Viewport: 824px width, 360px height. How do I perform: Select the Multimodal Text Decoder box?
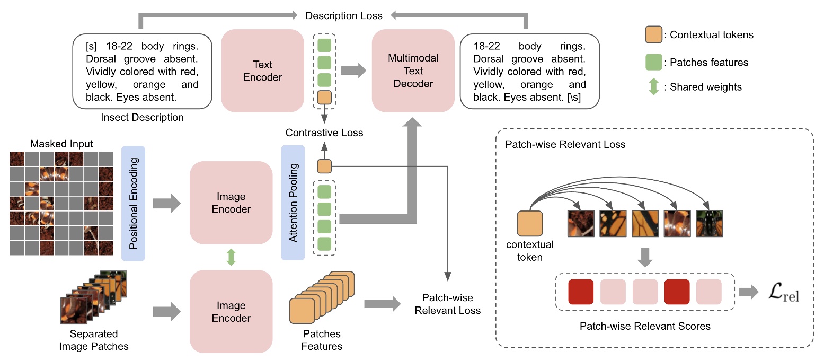pos(413,71)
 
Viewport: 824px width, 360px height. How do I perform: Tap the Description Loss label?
pos(344,16)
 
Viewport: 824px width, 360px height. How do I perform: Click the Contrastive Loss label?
pos(324,133)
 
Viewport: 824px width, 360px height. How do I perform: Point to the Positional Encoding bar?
pos(133,203)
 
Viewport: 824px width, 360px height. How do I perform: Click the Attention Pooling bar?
pos(293,203)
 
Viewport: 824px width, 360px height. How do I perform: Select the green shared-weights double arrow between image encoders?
pos(231,257)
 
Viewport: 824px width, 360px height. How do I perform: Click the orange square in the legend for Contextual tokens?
pos(653,35)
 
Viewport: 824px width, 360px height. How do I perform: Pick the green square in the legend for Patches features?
pos(653,62)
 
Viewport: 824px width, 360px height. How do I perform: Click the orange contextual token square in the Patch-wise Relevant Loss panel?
pos(530,224)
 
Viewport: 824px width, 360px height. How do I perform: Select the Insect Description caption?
pos(142,118)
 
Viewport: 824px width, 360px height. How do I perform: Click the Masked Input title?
pos(61,144)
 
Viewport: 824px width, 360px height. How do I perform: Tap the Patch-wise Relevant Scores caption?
pos(644,326)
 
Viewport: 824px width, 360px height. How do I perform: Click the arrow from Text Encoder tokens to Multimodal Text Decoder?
pos(353,71)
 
